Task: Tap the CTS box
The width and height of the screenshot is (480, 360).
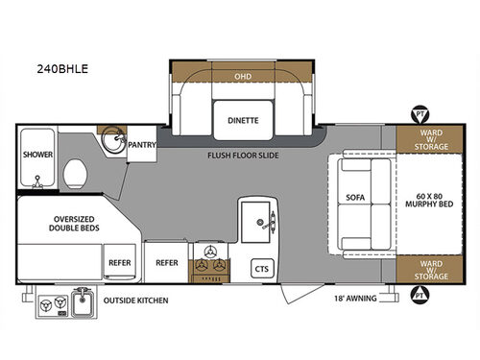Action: (261, 269)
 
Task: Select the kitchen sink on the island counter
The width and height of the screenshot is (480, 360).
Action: (259, 223)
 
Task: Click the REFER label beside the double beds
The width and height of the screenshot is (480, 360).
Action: (120, 259)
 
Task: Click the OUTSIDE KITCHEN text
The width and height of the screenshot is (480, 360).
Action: (136, 301)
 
